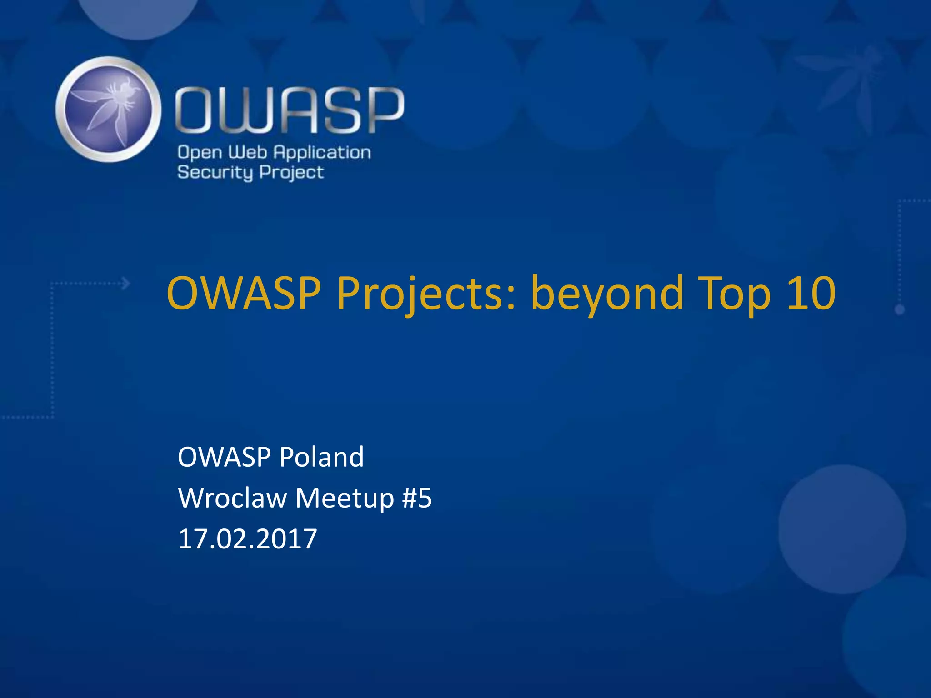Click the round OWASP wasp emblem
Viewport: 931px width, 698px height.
pyautogui.click(x=108, y=109)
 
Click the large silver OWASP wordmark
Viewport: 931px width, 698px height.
pyautogui.click(x=290, y=110)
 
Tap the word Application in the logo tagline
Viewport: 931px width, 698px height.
pyautogui.click(x=322, y=153)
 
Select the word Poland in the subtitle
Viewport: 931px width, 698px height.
pyautogui.click(x=321, y=457)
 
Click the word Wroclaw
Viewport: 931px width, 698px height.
pyautogui.click(x=232, y=498)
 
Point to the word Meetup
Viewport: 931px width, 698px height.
pyautogui.click(x=345, y=498)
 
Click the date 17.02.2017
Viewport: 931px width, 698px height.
pyautogui.click(x=247, y=539)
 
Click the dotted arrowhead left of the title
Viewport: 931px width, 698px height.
pyautogui.click(x=126, y=284)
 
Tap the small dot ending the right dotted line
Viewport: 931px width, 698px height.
pyautogui.click(x=899, y=309)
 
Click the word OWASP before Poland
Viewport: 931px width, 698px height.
pyautogui.click(x=225, y=457)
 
